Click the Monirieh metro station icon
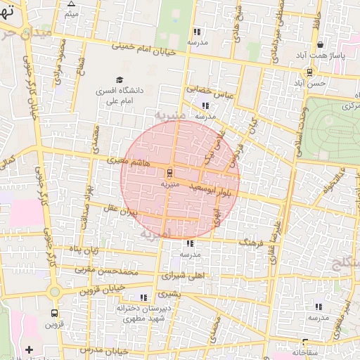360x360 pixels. tap(169, 172)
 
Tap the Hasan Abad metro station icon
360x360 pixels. tap(309, 72)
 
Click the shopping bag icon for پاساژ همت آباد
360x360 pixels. tap(320, 44)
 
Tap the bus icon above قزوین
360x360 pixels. tap(54, 314)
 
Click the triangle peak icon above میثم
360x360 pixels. tap(71, 4)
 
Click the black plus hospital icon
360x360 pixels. tap(29, 349)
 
